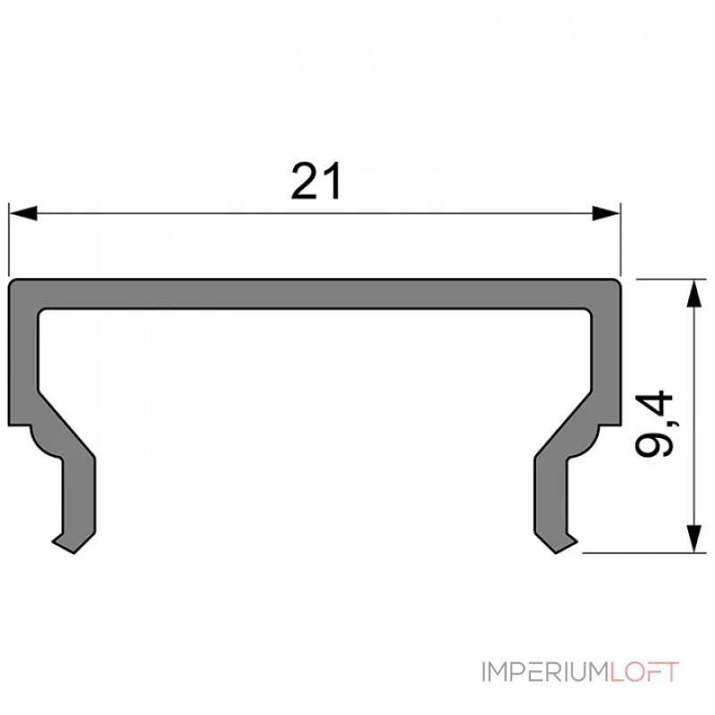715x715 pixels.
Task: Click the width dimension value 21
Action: click(x=316, y=182)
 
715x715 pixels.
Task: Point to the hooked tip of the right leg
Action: click(x=565, y=543)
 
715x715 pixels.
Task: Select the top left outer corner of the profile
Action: click(x=13, y=284)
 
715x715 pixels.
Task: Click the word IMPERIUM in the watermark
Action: click(x=545, y=671)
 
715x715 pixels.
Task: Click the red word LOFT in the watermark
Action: click(x=645, y=671)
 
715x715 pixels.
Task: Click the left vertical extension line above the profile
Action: click(x=9, y=241)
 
